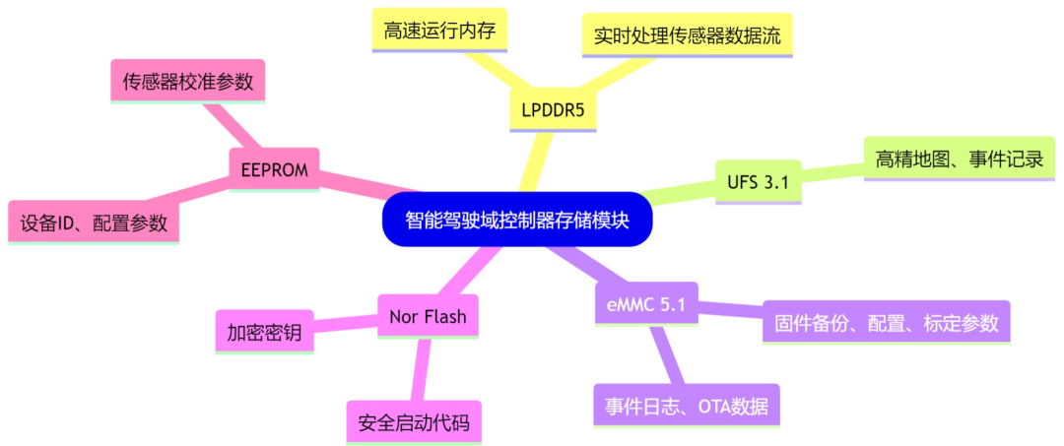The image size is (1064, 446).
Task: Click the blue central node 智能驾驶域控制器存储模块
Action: coord(517,219)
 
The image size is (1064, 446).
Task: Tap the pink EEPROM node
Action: coord(274,170)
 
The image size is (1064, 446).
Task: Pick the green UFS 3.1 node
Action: coord(758,182)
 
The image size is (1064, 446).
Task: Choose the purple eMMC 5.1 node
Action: coord(645,304)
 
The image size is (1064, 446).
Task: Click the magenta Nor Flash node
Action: coord(429,316)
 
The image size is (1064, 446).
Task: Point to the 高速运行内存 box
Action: coord(440,31)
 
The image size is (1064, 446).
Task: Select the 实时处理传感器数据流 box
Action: coord(687,35)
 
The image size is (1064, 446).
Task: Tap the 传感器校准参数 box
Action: coord(187,81)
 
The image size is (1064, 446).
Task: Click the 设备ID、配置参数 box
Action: coord(94,223)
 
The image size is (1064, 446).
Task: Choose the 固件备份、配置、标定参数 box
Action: coord(887,322)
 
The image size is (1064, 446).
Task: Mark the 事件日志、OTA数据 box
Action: coord(686,405)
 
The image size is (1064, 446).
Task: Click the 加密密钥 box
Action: coord(264,332)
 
